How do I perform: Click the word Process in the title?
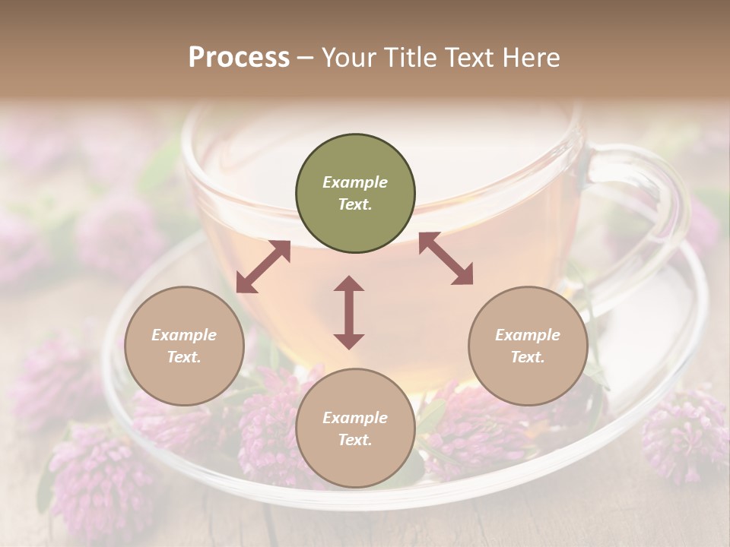point(239,58)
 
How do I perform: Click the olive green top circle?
point(355,194)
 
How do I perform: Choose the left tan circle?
point(184,346)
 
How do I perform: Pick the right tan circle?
point(528,346)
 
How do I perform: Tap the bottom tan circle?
point(355,428)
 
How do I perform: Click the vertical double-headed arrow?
point(349,312)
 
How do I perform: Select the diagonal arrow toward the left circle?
point(263,267)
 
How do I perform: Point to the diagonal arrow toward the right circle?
point(446,258)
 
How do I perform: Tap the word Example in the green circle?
point(355,182)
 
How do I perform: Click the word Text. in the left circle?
point(184,357)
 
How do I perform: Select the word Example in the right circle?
point(528,335)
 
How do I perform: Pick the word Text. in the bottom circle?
point(355,440)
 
